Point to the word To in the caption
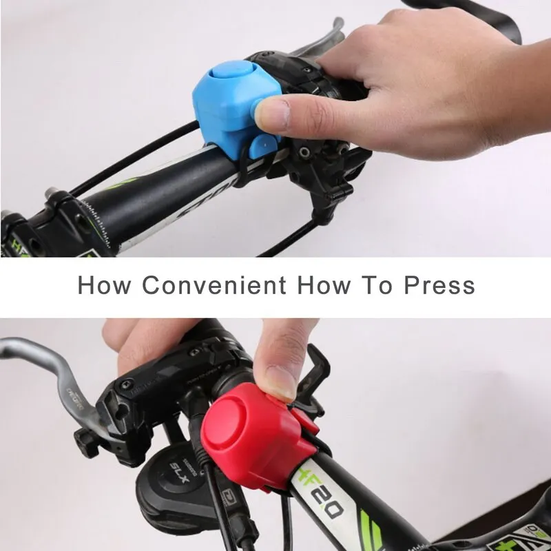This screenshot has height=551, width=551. click(x=377, y=284)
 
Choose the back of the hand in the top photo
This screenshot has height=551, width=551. click(x=441, y=62)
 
